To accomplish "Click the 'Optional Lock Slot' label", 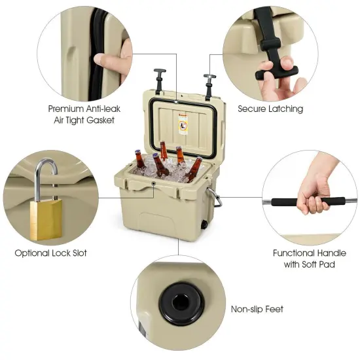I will [x=50, y=253].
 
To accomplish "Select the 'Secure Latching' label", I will [x=270, y=109].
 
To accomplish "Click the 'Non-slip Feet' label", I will [x=257, y=309].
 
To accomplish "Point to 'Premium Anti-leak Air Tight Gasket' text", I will [x=82, y=114].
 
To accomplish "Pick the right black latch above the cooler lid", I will [x=209, y=83].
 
